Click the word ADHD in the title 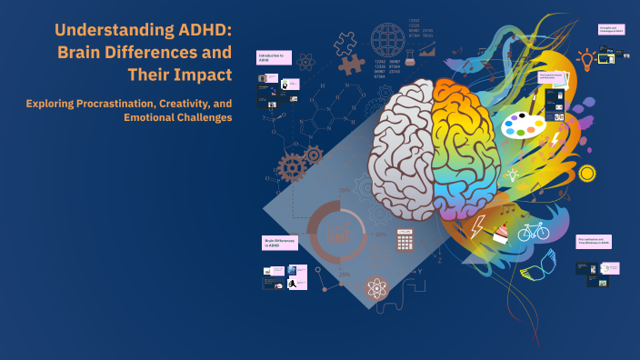(x=202, y=31)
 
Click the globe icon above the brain (x=389, y=40)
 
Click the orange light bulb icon (x=586, y=60)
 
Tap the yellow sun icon (x=586, y=173)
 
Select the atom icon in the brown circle (x=377, y=289)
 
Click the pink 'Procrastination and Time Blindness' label (x=594, y=241)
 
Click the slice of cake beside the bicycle (x=500, y=235)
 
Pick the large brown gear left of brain (x=293, y=166)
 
